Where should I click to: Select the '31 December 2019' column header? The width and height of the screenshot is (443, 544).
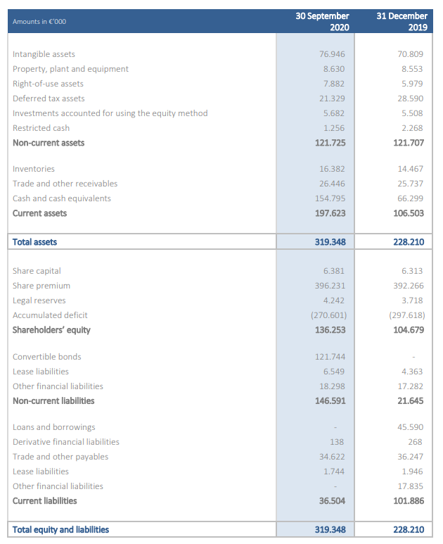[x=402, y=21]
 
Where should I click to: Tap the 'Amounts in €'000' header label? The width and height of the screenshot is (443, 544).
[x=39, y=22]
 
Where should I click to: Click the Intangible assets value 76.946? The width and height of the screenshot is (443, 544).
[x=333, y=54]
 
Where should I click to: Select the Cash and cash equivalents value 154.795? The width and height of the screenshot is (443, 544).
[x=330, y=198]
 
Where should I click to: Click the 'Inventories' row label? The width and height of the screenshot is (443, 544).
[x=34, y=169]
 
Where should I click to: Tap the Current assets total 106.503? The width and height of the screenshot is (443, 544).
[x=409, y=213]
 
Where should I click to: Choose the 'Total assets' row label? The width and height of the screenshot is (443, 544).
[x=35, y=242]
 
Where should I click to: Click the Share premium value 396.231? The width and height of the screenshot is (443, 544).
[x=330, y=286]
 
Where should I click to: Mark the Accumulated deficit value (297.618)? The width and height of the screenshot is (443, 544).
[x=407, y=315]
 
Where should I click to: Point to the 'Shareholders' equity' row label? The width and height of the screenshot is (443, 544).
[x=51, y=330]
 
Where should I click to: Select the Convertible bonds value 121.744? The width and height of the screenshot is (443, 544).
[x=330, y=357]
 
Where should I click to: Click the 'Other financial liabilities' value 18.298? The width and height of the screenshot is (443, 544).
[x=333, y=386]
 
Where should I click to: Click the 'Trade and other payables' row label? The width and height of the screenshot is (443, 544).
[x=60, y=457]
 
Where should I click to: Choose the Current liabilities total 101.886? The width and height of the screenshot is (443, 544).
[x=409, y=501]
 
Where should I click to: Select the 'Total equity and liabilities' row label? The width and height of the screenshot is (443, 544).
[x=60, y=530]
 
